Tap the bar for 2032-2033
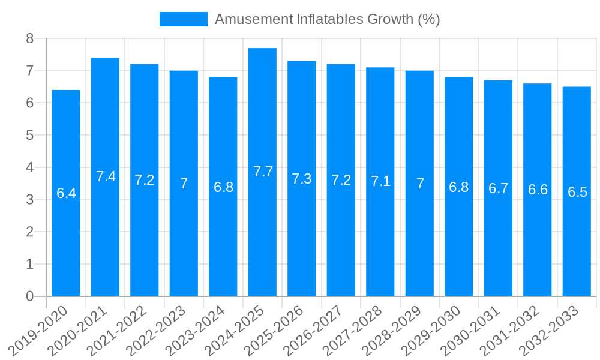coord(577,240)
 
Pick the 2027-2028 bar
coord(380,240)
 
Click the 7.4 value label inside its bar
coord(106,176)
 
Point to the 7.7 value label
coord(263,172)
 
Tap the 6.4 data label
coord(66,193)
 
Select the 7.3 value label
coord(302,179)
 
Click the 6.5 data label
coord(577,192)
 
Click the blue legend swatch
coord(183,19)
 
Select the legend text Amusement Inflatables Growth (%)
coord(328,19)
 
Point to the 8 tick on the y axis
coord(29,39)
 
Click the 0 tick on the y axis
coord(29,296)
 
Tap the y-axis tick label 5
coord(29,136)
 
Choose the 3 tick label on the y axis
coord(29,200)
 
